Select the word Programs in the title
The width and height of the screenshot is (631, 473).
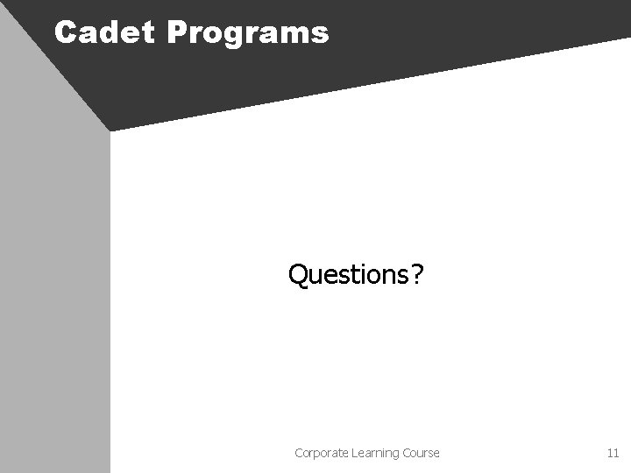point(246,34)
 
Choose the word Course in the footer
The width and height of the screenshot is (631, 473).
point(419,453)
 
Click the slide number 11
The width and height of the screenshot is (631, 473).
point(613,453)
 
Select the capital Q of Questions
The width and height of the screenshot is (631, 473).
point(298,277)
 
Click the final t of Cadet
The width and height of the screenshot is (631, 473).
point(148,33)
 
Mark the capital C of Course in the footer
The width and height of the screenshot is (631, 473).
point(402,453)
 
